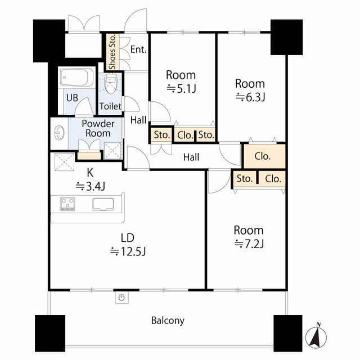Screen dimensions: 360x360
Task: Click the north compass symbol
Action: [316, 337]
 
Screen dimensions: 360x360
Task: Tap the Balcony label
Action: [168, 321]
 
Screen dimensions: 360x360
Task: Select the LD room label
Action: [128, 238]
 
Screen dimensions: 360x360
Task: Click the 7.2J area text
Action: [249, 244]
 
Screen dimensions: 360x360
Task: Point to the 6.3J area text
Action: [250, 97]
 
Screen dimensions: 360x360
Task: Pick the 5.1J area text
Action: [181, 89]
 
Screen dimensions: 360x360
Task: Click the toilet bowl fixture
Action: [111, 84]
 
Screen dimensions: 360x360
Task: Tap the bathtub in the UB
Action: [77, 77]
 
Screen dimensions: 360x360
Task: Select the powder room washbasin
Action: [60, 133]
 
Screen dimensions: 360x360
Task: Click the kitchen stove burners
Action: [67, 204]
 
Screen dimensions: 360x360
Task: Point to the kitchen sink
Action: [103, 204]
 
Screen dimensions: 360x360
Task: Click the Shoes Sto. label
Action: [112, 52]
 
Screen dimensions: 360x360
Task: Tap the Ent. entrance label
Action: [138, 49]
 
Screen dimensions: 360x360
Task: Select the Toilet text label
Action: [110, 106]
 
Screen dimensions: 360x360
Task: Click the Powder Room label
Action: [98, 129]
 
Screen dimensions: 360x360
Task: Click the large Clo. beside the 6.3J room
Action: [263, 156]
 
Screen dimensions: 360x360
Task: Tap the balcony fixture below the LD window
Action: [121, 298]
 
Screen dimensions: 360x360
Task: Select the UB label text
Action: [72, 98]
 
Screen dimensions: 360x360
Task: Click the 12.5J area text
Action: [128, 251]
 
